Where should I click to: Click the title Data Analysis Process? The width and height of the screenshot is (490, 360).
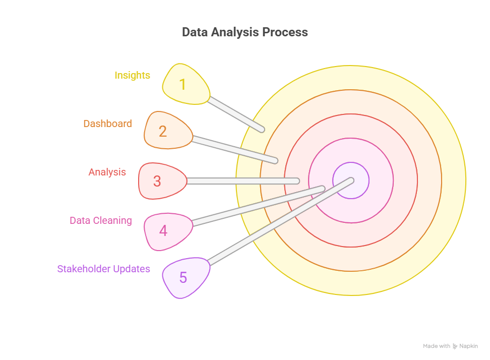point(244,32)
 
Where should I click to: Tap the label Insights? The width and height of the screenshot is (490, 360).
point(132,75)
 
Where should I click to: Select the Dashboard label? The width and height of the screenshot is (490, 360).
point(107,124)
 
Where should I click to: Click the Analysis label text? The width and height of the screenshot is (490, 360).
point(107,172)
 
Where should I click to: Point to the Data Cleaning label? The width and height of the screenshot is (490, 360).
point(101,220)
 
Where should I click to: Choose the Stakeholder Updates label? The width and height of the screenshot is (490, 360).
point(104,269)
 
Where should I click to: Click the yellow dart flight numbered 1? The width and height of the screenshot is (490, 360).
point(185,84)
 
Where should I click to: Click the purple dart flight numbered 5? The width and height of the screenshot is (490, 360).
point(185,277)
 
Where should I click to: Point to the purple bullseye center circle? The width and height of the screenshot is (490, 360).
point(351,181)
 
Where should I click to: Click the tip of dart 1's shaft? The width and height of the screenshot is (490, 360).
point(262,130)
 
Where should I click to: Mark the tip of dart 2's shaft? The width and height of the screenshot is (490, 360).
point(275,161)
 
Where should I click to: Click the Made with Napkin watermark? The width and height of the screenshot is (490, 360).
point(450,346)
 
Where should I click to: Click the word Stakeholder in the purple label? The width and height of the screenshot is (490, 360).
point(84,269)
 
